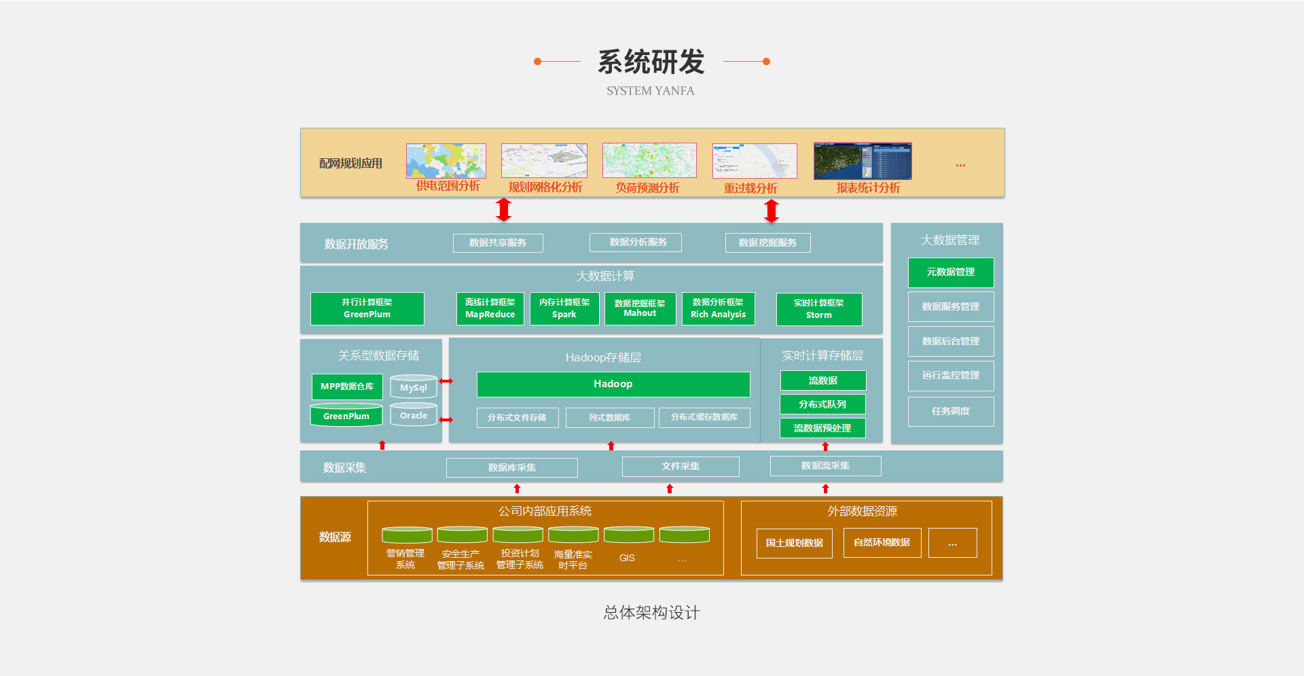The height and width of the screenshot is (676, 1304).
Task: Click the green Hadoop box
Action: click(x=613, y=384)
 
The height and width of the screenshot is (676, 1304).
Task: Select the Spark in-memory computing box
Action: click(x=564, y=308)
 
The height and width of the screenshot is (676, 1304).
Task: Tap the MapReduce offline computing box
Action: click(x=490, y=308)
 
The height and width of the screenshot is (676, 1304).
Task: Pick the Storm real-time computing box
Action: click(x=818, y=309)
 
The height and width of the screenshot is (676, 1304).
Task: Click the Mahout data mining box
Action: click(x=640, y=308)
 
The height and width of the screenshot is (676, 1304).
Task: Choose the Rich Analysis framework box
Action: click(x=718, y=308)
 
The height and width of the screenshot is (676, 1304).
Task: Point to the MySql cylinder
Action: click(x=413, y=387)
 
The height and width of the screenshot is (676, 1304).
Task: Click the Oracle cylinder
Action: click(x=413, y=415)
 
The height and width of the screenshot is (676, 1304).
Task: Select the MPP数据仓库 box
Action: click(x=347, y=387)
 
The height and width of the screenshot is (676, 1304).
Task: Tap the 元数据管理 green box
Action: click(x=950, y=272)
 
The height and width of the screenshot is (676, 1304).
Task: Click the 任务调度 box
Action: click(x=950, y=412)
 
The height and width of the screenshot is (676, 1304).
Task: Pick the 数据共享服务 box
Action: click(x=498, y=243)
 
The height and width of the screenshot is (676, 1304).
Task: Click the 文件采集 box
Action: click(x=680, y=467)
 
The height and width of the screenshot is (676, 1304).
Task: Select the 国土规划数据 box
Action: click(x=794, y=543)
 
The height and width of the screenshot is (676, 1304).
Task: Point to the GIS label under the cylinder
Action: click(x=627, y=558)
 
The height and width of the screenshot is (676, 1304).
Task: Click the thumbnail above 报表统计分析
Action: click(x=863, y=161)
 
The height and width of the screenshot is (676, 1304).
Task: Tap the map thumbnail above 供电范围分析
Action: click(x=446, y=161)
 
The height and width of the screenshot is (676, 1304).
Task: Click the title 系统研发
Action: click(x=651, y=62)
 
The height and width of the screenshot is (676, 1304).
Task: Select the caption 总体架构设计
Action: click(x=651, y=613)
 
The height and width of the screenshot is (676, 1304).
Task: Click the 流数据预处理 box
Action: click(x=822, y=428)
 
